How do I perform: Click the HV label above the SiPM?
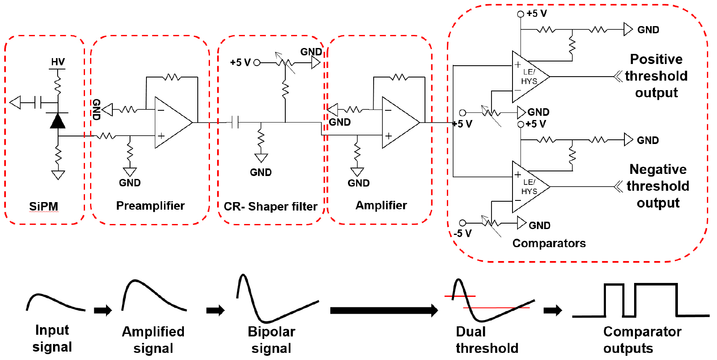click(58, 62)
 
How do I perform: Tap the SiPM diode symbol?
click(58, 121)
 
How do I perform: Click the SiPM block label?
click(44, 206)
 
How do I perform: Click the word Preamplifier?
click(150, 205)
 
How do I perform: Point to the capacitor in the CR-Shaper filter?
click(235, 123)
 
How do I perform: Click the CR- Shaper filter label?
click(270, 206)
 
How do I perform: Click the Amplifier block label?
click(381, 205)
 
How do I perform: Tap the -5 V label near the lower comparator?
click(462, 233)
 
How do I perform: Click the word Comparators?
click(549, 243)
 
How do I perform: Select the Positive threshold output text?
click(656, 76)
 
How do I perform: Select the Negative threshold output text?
click(658, 186)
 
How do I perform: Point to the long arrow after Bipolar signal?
click(383, 311)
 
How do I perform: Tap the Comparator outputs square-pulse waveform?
click(640, 300)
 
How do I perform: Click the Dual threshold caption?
click(486, 340)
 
